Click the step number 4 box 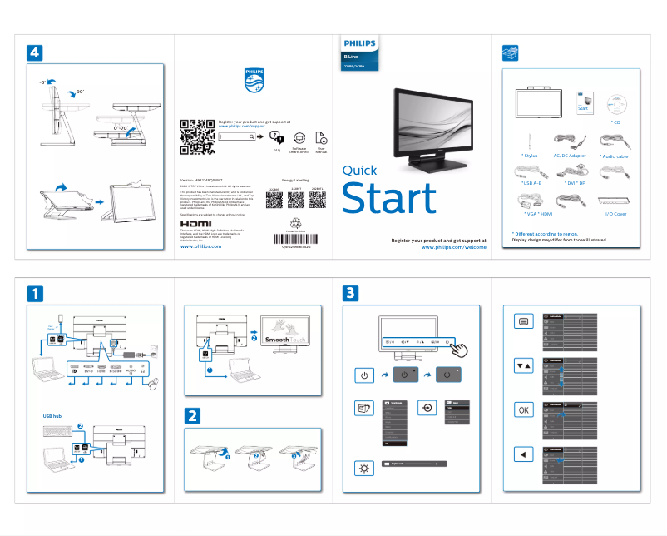[34, 52]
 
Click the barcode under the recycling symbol [294, 239]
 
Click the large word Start [389, 198]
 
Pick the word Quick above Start [360, 171]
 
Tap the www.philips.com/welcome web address [453, 247]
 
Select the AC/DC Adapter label [570, 156]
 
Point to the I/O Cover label [615, 214]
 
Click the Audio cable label [614, 156]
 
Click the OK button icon [523, 410]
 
